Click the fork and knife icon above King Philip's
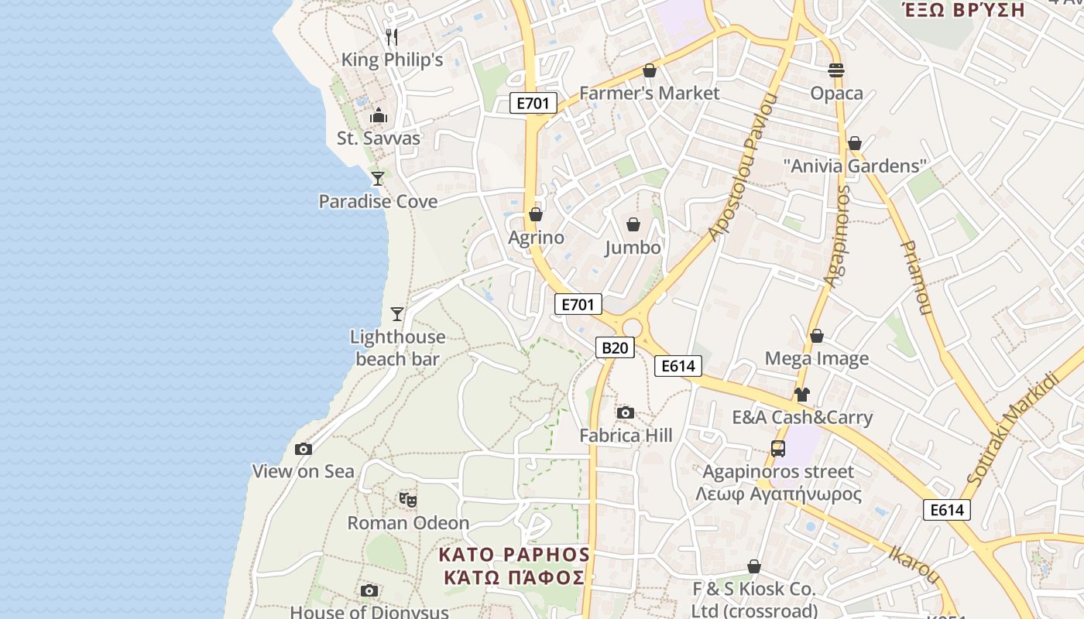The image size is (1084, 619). click(x=392, y=36)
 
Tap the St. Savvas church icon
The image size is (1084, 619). click(x=379, y=116)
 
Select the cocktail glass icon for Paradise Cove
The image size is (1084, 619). click(x=378, y=179)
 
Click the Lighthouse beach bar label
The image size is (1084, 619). click(x=398, y=347)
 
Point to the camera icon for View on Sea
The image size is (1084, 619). click(x=304, y=449)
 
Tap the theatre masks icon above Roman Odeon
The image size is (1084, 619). click(x=408, y=500)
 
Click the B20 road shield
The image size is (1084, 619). click(x=615, y=347)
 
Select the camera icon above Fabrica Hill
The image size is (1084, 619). click(x=626, y=412)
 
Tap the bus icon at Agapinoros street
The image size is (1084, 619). click(x=778, y=449)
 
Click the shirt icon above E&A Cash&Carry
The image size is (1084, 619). click(x=801, y=395)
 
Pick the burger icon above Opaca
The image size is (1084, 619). click(x=836, y=70)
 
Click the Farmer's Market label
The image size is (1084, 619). click(x=649, y=93)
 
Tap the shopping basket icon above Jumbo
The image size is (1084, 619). click(x=633, y=224)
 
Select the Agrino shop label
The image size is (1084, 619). click(x=536, y=238)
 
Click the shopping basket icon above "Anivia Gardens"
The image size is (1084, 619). click(x=855, y=143)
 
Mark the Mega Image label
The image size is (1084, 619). click(x=817, y=358)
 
